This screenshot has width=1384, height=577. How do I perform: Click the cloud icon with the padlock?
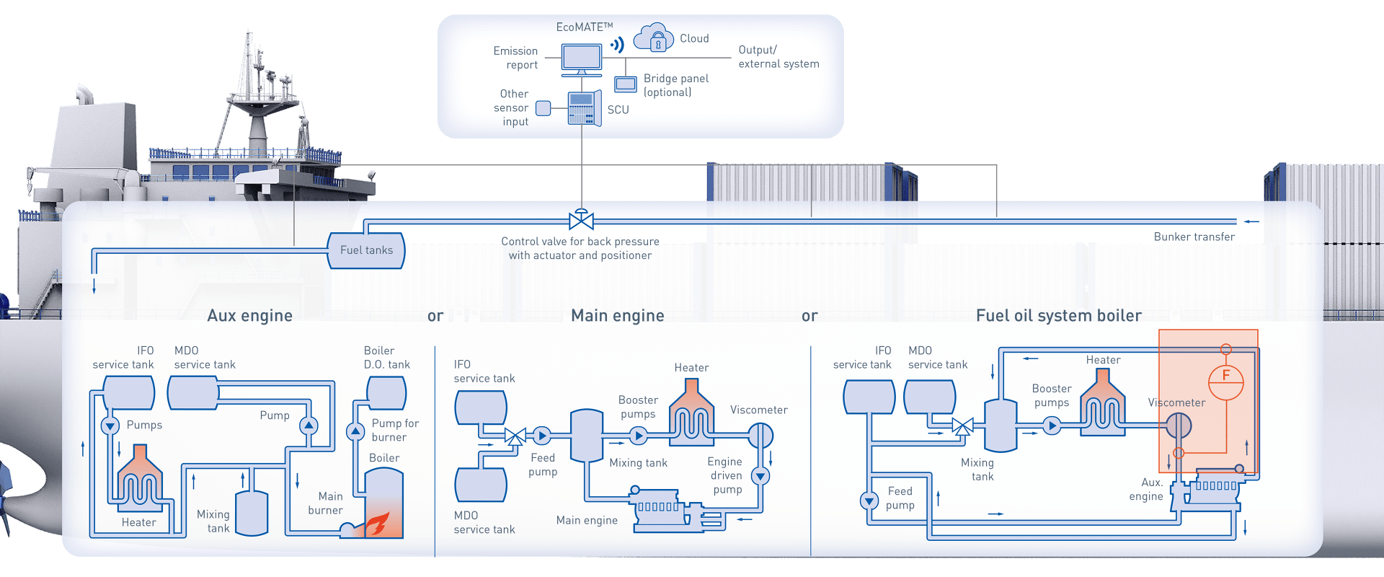tap(653, 38)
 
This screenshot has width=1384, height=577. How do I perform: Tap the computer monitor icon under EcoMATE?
tap(581, 59)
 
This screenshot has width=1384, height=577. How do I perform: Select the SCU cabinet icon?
tap(584, 109)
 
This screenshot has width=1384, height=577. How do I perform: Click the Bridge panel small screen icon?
tap(625, 84)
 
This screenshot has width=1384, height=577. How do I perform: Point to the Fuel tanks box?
tap(366, 250)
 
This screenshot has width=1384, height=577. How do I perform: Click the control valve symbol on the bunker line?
tap(581, 219)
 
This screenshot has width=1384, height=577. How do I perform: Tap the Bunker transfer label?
tap(1194, 237)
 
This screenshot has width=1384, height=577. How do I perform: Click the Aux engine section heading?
tap(249, 316)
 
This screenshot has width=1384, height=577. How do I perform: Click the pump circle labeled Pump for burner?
tap(355, 432)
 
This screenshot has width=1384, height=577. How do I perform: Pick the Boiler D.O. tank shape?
tap(386, 393)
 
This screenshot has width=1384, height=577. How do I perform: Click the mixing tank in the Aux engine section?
tap(252, 513)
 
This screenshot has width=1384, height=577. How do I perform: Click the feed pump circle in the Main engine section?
tap(541, 435)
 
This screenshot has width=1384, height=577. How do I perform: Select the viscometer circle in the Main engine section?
tap(760, 435)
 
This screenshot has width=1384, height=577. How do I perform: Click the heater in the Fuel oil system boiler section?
tap(1102, 405)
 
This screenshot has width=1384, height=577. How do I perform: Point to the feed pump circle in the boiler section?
tap(869, 500)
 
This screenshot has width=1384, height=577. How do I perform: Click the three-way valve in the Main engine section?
tap(515, 436)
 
